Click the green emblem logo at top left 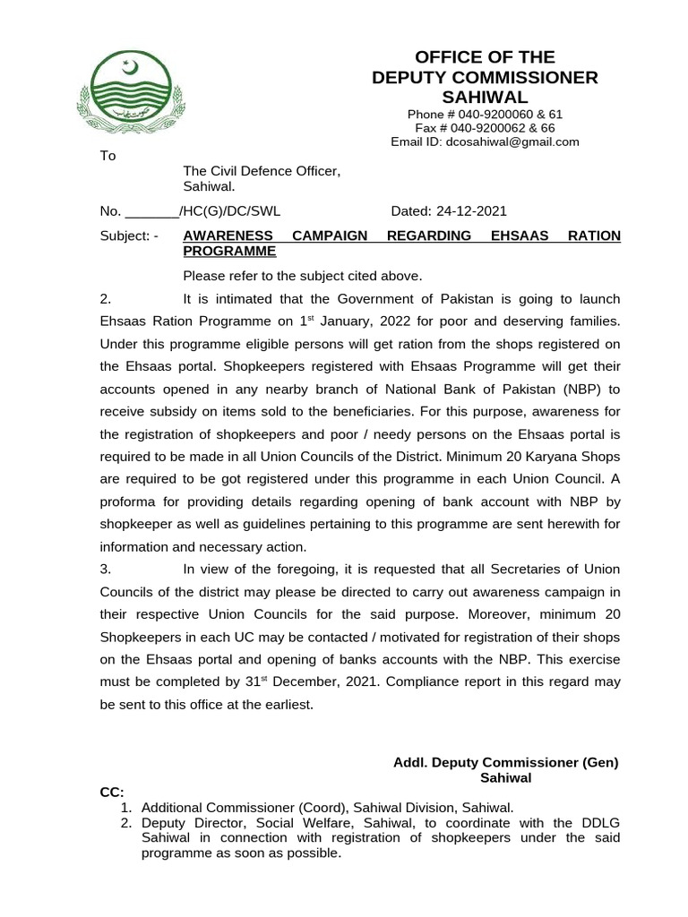tap(128, 90)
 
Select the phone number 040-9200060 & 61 tap(485, 115)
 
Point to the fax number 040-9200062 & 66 tap(485, 128)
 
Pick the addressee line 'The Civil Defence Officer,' tap(262, 171)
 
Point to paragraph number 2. tap(105, 298)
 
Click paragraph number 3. tap(105, 569)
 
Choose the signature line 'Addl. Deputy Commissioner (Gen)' tap(506, 762)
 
